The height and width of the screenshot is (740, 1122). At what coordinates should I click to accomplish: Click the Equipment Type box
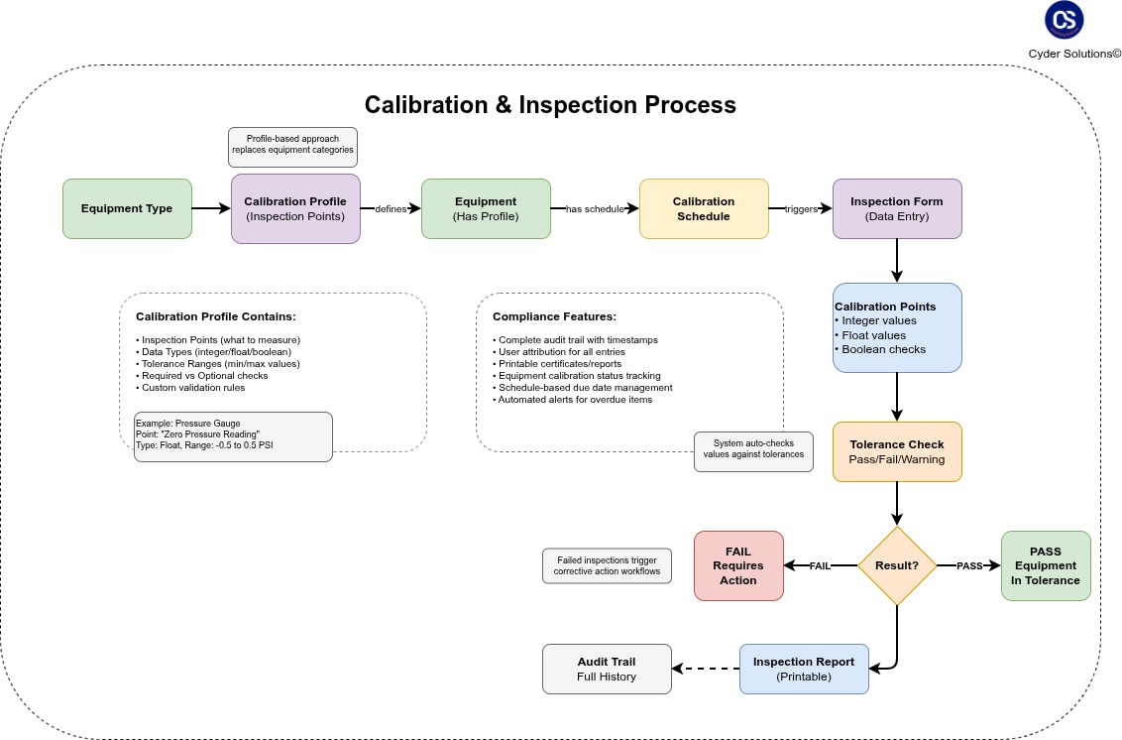tap(127, 208)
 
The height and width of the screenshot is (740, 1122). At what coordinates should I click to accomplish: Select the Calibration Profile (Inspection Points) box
tap(295, 208)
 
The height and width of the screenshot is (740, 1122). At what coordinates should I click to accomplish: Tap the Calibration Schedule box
tap(704, 208)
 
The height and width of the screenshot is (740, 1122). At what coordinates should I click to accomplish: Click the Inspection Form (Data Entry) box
tap(897, 208)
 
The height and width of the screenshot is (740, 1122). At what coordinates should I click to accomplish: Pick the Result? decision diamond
tap(897, 565)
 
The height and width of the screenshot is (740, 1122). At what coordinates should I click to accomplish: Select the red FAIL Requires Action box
tap(738, 565)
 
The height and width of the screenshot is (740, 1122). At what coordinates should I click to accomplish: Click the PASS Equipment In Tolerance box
tap(1046, 565)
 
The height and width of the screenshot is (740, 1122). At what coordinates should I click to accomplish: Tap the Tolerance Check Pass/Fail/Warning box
tap(897, 452)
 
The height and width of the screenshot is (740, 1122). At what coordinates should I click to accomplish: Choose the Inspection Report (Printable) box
tap(804, 669)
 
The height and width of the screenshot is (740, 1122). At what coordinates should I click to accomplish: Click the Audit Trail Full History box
tap(607, 669)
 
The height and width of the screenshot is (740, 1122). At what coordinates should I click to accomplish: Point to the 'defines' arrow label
tap(391, 209)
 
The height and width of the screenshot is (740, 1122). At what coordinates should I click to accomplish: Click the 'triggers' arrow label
tap(801, 209)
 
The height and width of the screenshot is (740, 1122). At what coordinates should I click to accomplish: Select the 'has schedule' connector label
tap(595, 209)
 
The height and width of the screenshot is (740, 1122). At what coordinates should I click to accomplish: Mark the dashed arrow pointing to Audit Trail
tap(706, 669)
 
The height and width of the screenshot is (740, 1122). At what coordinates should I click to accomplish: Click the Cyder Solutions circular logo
tap(1065, 20)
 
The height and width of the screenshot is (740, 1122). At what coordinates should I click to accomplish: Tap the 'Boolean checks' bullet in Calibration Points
tap(883, 349)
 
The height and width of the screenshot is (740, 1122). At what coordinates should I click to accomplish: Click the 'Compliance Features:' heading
tap(554, 316)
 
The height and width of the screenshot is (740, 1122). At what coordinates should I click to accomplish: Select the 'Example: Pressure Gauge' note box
tap(233, 436)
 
